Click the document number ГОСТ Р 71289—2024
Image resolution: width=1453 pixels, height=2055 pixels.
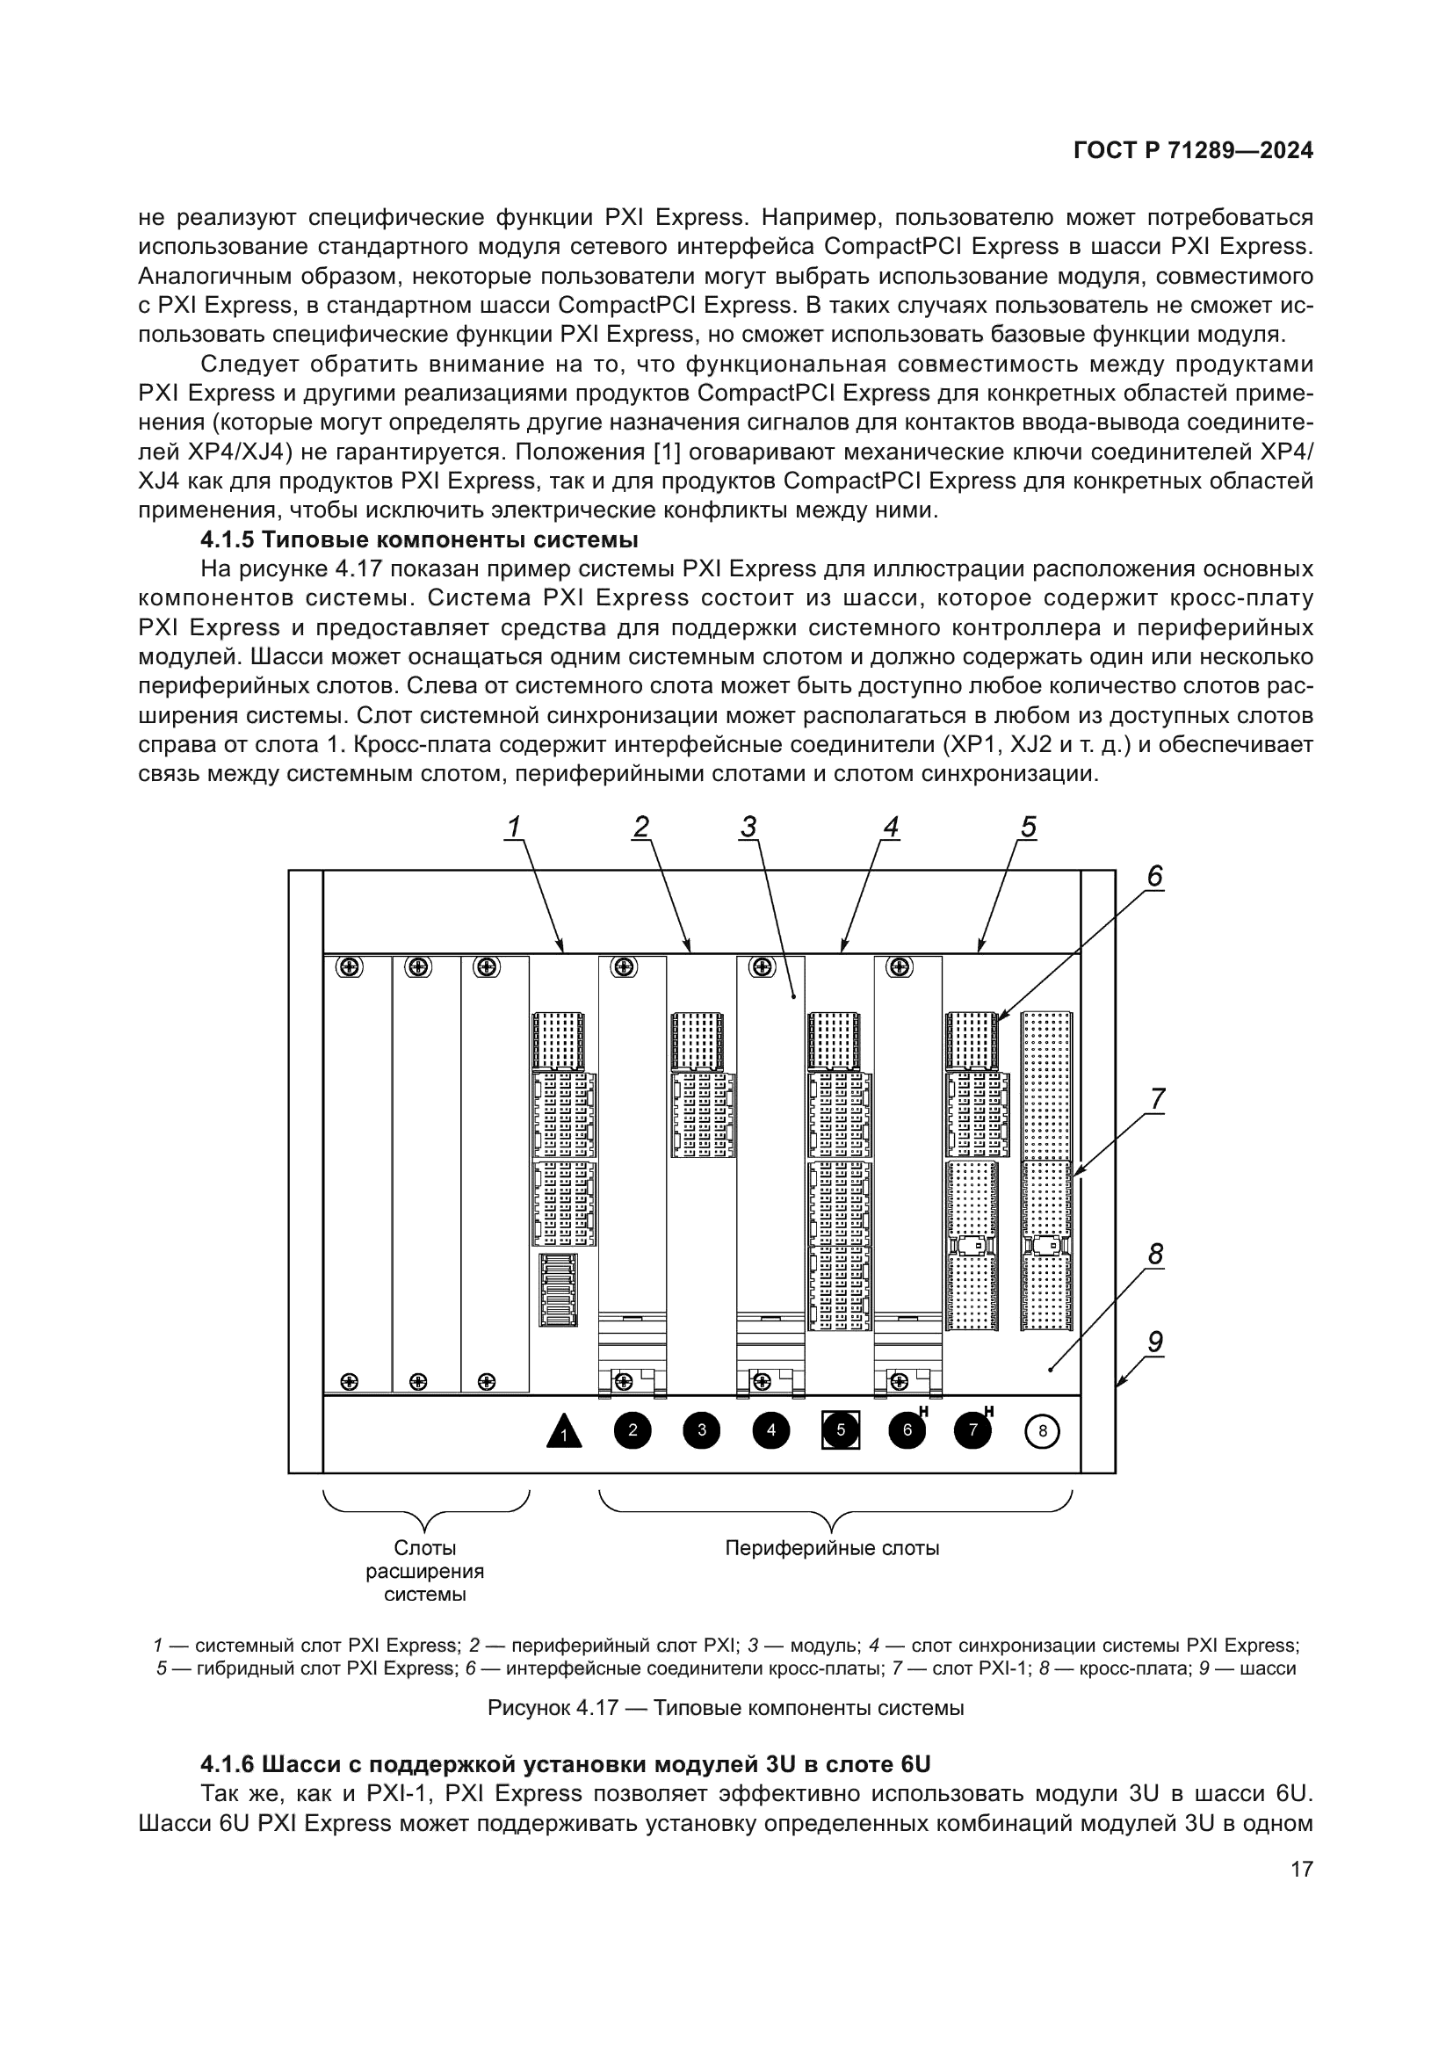coord(1193,150)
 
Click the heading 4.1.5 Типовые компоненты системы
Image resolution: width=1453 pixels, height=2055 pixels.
coord(419,539)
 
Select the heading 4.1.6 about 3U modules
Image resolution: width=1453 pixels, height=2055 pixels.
coord(566,1763)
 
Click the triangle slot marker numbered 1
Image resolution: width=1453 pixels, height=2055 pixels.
coord(564,1431)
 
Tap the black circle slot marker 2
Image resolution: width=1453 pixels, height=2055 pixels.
coord(633,1430)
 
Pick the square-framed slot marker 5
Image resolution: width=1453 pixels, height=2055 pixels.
coord(840,1430)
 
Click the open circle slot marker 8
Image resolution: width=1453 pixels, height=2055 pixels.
coord(1042,1431)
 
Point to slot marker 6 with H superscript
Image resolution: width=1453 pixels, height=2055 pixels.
coord(908,1429)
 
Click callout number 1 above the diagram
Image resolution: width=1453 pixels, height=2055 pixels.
coord(514,828)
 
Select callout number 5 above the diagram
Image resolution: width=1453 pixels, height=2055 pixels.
coord(1028,828)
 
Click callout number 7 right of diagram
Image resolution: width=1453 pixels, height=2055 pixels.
coord(1157,1099)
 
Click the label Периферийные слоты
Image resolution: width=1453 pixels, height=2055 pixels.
coord(832,1547)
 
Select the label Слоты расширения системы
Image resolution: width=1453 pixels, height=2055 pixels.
coord(425,1571)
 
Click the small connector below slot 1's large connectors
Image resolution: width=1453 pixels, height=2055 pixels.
coord(559,1290)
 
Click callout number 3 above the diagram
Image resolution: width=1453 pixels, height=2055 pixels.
coord(748,828)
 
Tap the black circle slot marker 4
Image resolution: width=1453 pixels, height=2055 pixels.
coord(770,1430)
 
